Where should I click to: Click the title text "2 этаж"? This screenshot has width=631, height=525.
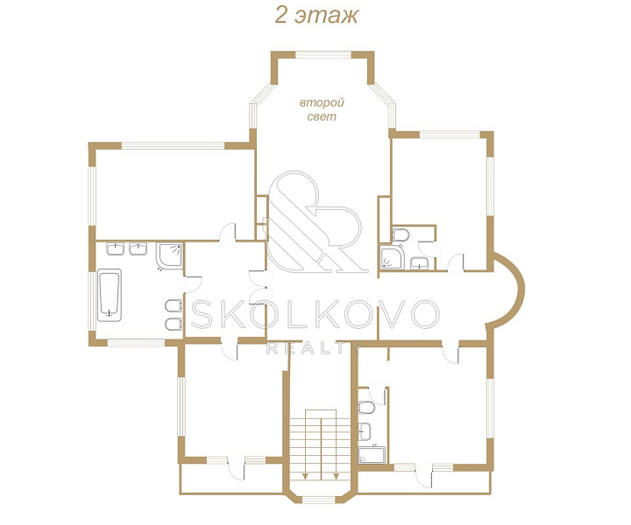click(316, 16)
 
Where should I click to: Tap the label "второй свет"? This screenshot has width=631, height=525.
click(322, 109)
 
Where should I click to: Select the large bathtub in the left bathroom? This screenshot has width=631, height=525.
click(110, 295)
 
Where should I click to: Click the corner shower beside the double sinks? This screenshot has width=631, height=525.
click(170, 256)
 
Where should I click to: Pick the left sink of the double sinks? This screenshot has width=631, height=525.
click(115, 248)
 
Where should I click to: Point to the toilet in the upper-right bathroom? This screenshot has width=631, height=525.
click(401, 234)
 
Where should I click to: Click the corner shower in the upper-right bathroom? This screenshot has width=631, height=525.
click(392, 257)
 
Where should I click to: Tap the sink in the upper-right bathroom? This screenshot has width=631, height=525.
click(420, 263)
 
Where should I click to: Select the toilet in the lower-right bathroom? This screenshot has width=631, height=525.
click(366, 408)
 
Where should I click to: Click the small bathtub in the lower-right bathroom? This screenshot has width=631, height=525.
click(372, 455)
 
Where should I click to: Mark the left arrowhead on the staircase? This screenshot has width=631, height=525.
click(306, 476)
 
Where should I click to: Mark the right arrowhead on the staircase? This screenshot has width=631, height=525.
click(337, 476)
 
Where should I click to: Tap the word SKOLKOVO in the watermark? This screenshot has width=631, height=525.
click(315, 314)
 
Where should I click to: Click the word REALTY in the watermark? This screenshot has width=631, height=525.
click(315, 347)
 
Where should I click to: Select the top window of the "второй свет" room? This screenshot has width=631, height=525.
click(323, 55)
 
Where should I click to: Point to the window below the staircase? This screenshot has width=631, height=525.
click(318, 500)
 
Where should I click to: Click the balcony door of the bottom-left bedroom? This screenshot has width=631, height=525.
click(237, 468)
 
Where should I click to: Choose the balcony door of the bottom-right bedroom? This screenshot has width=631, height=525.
click(424, 476)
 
